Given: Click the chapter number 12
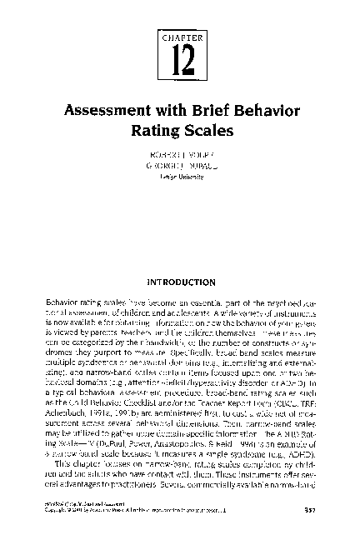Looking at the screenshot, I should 179,58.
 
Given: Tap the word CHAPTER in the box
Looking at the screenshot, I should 180,37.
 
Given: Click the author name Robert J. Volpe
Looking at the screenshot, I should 180,156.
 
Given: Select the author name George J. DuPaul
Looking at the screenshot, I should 180,167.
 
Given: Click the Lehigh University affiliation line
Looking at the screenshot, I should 180,177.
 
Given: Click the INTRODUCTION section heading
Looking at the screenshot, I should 180,282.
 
